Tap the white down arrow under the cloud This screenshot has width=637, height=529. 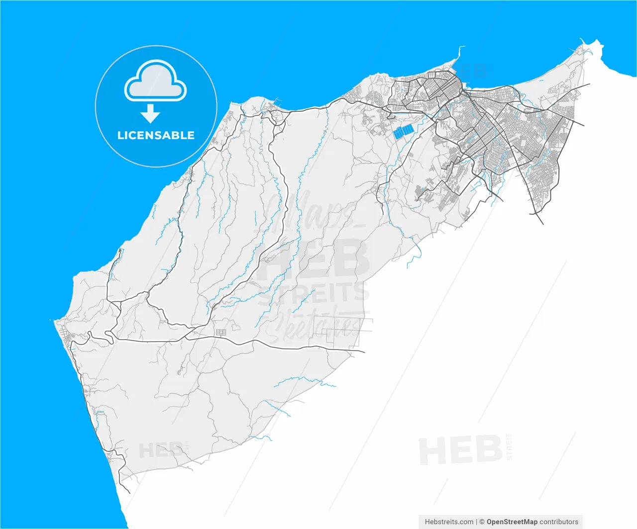(x=150, y=114)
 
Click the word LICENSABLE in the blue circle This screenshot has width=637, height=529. (x=156, y=135)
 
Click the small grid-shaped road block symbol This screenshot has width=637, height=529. (x=221, y=332)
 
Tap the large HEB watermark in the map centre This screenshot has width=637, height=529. (x=318, y=259)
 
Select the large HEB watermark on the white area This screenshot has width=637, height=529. (x=460, y=450)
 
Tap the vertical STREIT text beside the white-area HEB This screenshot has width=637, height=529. (x=509, y=446)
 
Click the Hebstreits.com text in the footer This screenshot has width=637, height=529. (x=449, y=522)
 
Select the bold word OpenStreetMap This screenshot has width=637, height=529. (x=512, y=522)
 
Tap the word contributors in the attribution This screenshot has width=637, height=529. (x=559, y=522)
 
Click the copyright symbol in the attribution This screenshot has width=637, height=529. (x=482, y=522)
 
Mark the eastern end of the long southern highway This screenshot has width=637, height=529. (x=363, y=352)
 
